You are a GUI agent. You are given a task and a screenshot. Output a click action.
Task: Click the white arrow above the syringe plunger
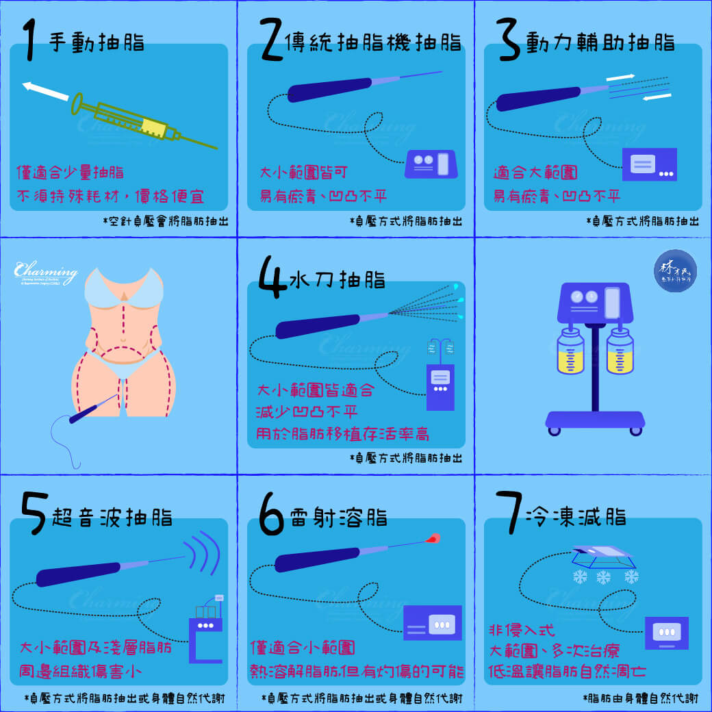pyautogui.click(x=45, y=91)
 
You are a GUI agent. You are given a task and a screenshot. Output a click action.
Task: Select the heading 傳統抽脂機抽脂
pyautogui.click(x=373, y=42)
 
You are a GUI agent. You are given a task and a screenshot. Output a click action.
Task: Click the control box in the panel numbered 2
pyautogui.click(x=431, y=164)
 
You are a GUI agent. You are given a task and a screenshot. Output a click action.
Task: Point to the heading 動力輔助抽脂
pyautogui.click(x=600, y=42)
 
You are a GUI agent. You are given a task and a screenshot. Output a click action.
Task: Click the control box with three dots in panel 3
pyautogui.click(x=649, y=164)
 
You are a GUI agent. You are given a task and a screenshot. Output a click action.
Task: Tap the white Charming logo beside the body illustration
pyautogui.click(x=45, y=273)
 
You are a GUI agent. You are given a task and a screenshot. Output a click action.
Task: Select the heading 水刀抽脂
pyautogui.click(x=337, y=280)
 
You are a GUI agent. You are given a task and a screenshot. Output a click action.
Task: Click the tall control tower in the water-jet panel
pyautogui.click(x=440, y=387)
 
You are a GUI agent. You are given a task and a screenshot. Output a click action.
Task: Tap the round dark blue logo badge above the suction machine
pyautogui.click(x=675, y=270)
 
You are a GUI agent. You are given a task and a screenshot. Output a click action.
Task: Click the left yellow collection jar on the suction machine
pyautogui.click(x=570, y=351)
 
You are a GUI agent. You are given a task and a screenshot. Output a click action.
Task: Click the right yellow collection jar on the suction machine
pyautogui.click(x=620, y=351)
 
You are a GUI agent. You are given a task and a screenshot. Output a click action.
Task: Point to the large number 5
pyautogui.click(x=34, y=513)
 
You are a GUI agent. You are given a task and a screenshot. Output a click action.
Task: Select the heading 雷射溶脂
pyautogui.click(x=338, y=517)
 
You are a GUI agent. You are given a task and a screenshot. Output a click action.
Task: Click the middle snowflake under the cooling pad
pyautogui.click(x=603, y=578)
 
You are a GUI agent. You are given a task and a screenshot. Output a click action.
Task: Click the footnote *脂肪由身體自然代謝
pyautogui.click(x=641, y=698)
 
